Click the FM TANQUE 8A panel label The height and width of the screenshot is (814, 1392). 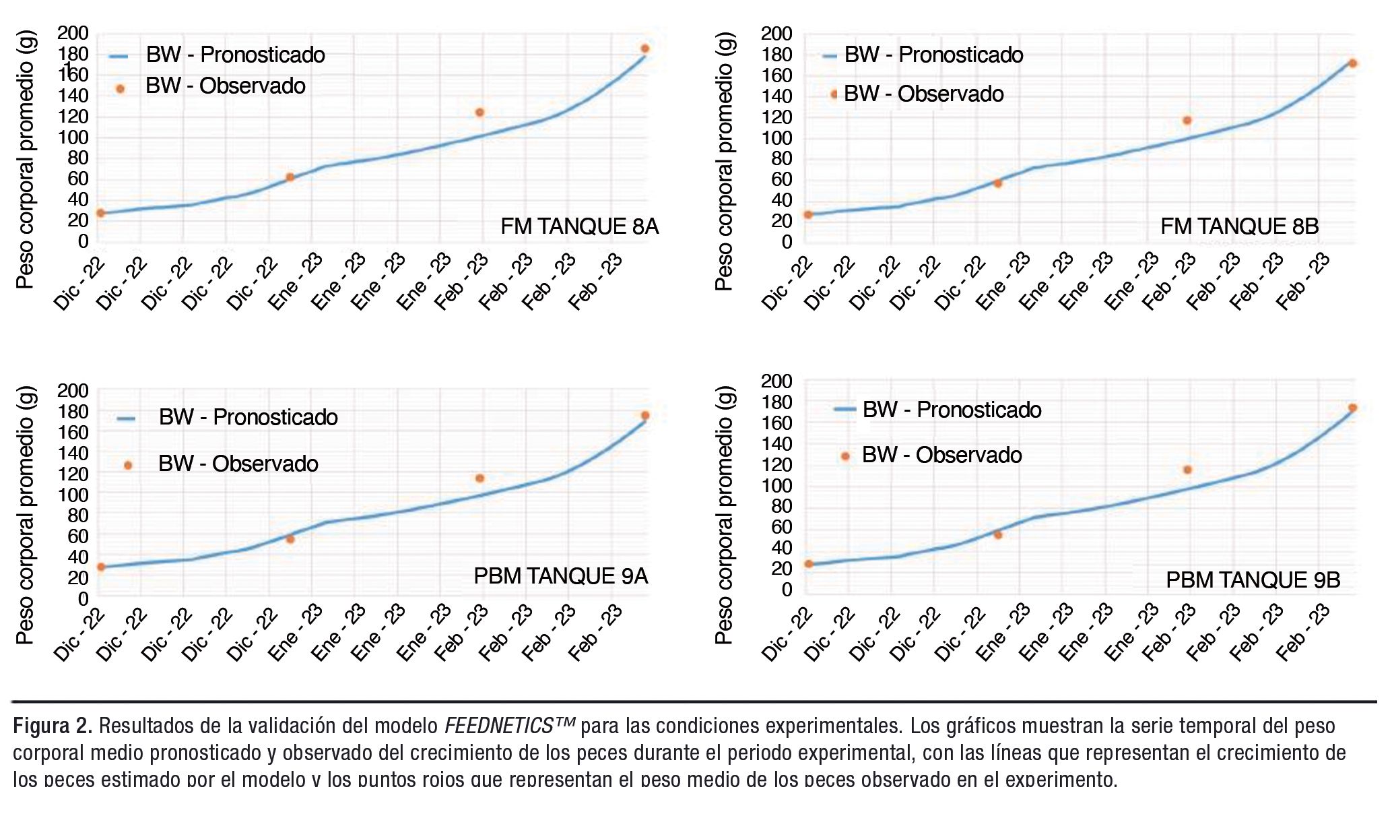click(579, 226)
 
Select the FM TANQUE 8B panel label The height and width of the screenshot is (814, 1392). click(1239, 226)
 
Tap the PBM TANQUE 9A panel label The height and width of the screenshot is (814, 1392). click(560, 576)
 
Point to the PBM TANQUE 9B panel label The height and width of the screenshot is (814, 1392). click(1253, 580)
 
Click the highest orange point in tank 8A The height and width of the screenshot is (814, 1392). click(644, 49)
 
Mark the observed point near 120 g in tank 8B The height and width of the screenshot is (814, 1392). click(1187, 121)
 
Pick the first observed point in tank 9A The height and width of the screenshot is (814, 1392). click(101, 567)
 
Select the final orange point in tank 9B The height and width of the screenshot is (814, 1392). click(1352, 408)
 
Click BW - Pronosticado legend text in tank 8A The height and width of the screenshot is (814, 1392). click(236, 55)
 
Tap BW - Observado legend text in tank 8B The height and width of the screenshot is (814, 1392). click(923, 94)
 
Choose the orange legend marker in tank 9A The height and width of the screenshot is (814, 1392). click(128, 465)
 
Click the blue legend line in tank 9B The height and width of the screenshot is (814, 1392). click(844, 409)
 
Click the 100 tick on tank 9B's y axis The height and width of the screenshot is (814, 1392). click(776, 485)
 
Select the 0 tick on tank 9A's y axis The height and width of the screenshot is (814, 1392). click(83, 598)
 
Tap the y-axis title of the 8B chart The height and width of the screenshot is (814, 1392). click(723, 162)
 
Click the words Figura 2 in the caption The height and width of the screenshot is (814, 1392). click(53, 726)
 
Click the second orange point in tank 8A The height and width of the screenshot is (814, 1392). click(290, 177)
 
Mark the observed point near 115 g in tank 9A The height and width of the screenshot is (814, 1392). click(479, 478)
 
